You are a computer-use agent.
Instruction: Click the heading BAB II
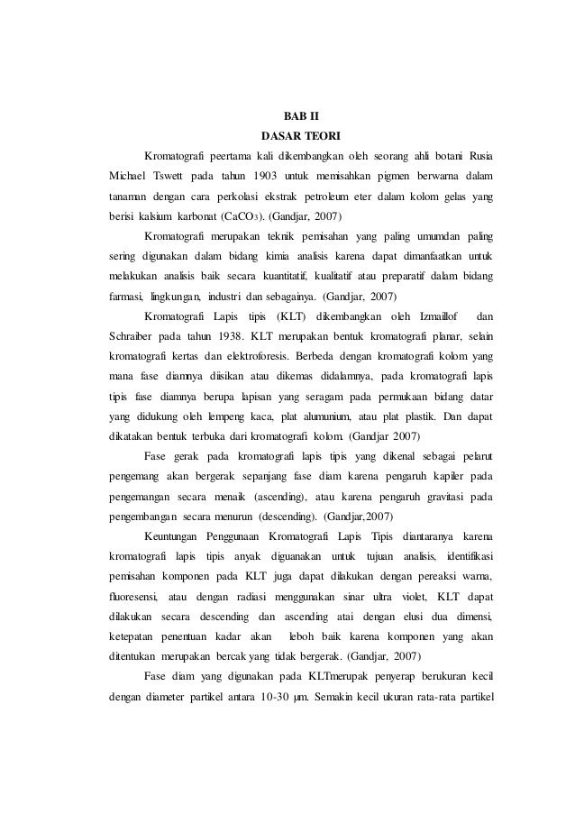click(x=288, y=117)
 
